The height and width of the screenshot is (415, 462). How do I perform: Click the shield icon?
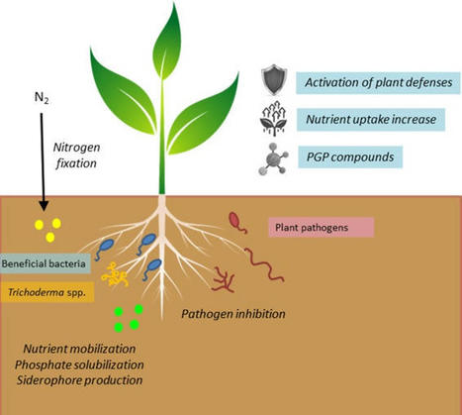tap(273, 79)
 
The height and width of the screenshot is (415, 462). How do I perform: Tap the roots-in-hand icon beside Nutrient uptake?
tap(273, 120)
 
